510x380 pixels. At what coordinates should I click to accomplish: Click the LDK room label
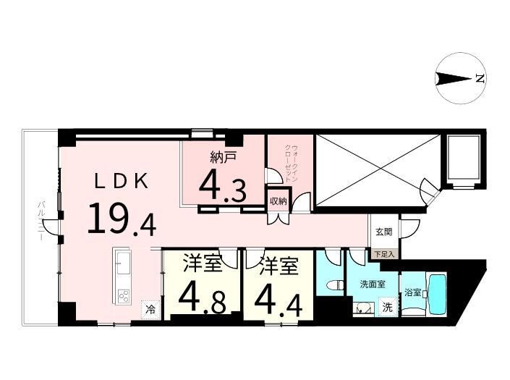click(x=122, y=182)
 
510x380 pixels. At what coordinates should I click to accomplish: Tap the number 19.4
click(x=122, y=219)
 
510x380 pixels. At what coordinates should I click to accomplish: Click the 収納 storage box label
click(x=278, y=201)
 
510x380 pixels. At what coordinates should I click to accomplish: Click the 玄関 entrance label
click(x=384, y=232)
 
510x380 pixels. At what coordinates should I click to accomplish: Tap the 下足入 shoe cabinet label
click(x=384, y=254)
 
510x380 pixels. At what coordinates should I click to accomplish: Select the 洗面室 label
click(x=373, y=284)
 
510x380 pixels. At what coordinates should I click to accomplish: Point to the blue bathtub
click(x=436, y=295)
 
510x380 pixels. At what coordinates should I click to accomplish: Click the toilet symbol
click(x=337, y=285)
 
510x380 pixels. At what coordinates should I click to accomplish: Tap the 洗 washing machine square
click(x=387, y=307)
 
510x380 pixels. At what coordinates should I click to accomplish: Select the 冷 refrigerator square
click(x=150, y=308)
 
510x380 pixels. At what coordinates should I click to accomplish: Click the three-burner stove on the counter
click(x=124, y=296)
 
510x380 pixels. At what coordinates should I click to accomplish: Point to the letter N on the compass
click(x=480, y=78)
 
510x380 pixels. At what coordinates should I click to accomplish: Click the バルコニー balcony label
click(x=41, y=221)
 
